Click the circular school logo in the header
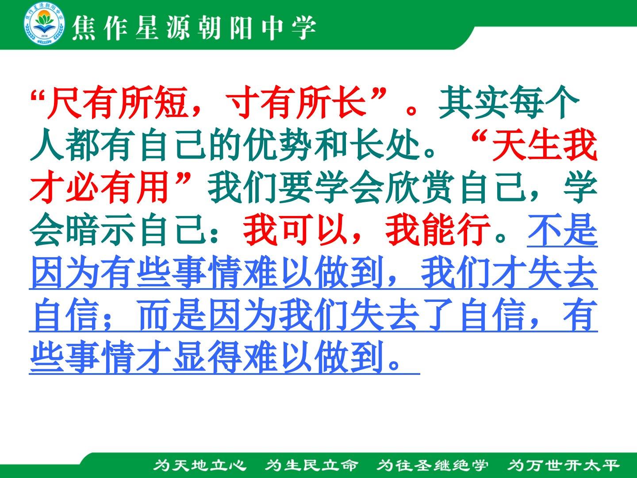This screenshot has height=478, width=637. [x=44, y=25]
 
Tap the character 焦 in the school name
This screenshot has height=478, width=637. [x=84, y=28]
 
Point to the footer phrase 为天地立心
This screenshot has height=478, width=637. [x=200, y=465]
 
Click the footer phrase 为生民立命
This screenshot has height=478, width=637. [x=311, y=465]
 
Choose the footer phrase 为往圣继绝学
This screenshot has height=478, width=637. [x=432, y=465]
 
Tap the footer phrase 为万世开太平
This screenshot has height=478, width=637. [x=564, y=465]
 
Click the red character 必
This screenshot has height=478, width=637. [x=82, y=187]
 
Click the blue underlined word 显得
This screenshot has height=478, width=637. [x=207, y=357]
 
